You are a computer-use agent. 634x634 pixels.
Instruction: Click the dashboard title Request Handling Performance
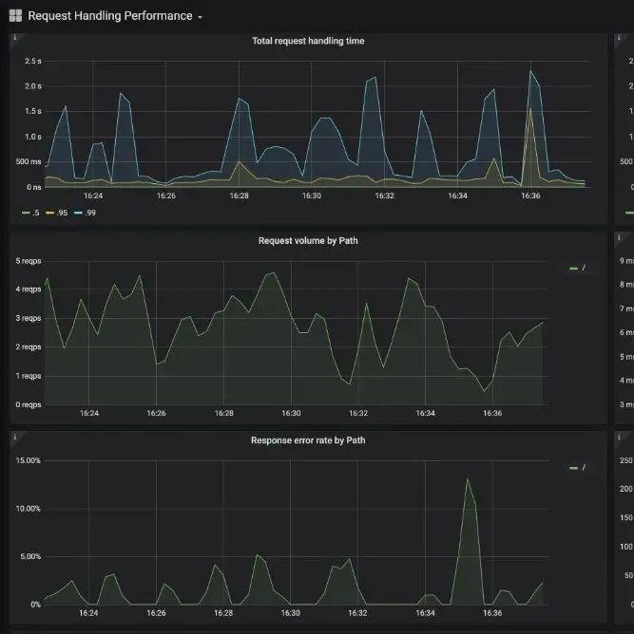point(109,16)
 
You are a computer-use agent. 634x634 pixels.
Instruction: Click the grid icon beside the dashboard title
point(15,16)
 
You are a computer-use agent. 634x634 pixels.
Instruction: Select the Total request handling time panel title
point(307,41)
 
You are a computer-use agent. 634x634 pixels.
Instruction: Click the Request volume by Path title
point(307,241)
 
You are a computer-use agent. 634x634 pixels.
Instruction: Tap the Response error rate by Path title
point(307,440)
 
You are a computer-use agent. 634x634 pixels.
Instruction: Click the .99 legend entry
point(85,213)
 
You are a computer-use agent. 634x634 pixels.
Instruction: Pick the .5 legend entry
point(30,213)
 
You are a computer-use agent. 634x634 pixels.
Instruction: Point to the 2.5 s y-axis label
point(32,62)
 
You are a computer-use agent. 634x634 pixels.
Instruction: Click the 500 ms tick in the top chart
point(29,162)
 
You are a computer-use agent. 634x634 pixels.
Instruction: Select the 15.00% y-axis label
point(28,460)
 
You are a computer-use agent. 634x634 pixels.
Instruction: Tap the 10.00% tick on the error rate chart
point(28,509)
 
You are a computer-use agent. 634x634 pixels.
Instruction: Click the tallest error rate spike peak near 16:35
point(467,478)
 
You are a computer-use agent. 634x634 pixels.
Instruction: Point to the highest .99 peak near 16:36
point(531,70)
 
